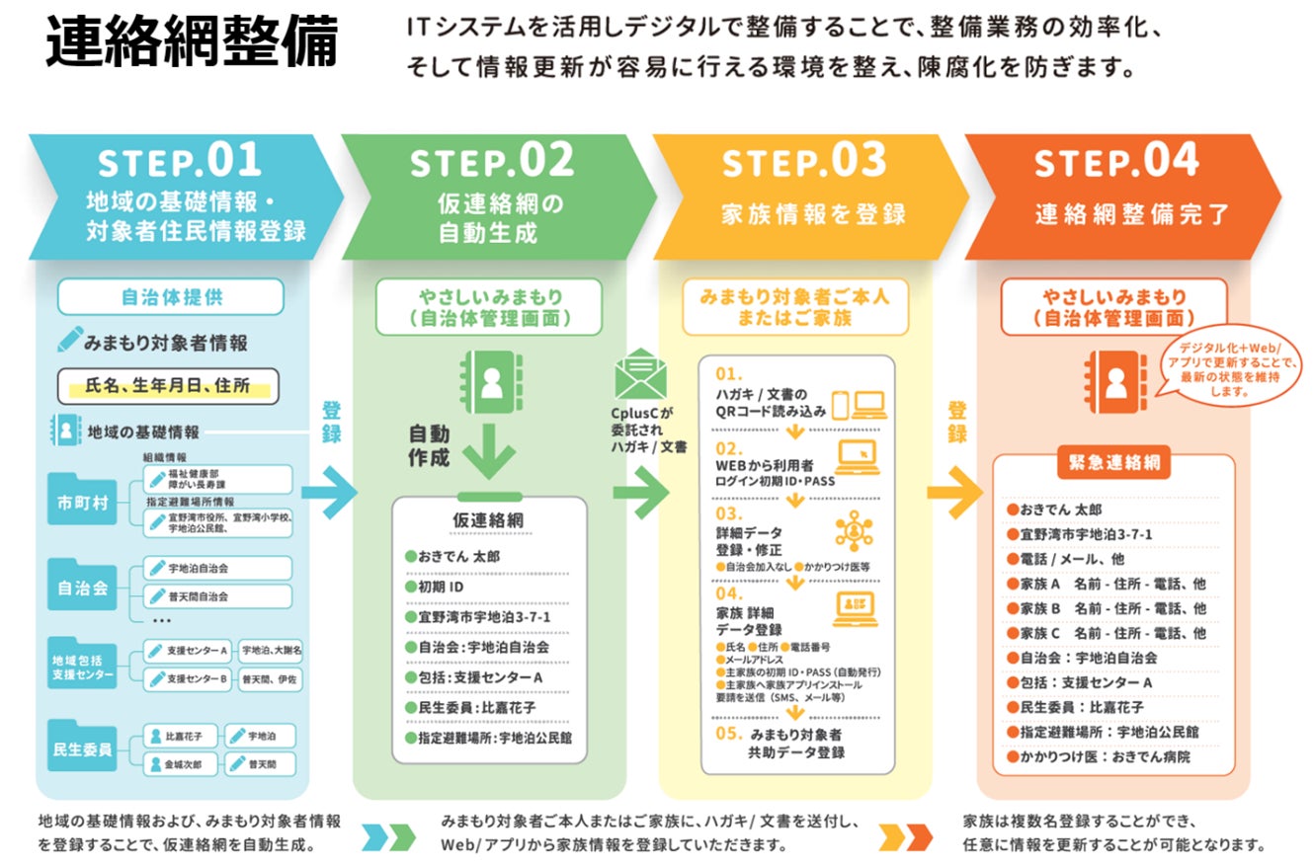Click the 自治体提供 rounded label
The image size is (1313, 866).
pyautogui.click(x=170, y=296)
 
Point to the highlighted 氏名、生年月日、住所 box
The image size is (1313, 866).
pyautogui.click(x=169, y=386)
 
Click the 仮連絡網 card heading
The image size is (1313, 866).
pyautogui.click(x=489, y=519)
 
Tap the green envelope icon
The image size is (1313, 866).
pyautogui.click(x=640, y=375)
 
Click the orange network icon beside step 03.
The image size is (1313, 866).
pyautogui.click(x=854, y=531)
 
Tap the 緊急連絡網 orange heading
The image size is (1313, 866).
pyautogui.click(x=1113, y=462)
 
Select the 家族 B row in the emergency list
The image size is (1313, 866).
pyautogui.click(x=1107, y=608)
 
